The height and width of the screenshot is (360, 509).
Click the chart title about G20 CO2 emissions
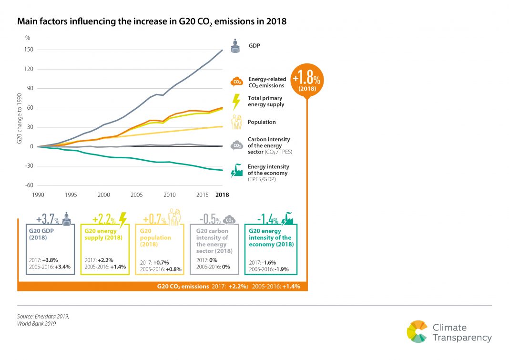(152, 22)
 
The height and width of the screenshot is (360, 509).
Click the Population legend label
(261, 122)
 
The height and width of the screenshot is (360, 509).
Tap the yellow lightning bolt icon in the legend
(236, 101)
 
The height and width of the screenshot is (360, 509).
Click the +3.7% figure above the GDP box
(48, 220)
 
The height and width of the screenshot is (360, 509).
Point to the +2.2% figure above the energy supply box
(103, 220)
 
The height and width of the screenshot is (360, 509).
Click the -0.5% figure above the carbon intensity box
(210, 220)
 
